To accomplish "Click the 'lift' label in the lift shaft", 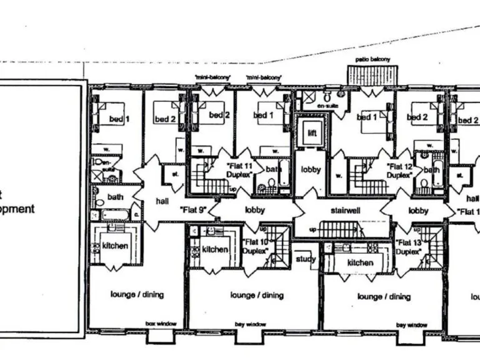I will pos(311,132).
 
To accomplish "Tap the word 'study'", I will pos(306,258).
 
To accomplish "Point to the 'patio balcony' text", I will pos(372,59).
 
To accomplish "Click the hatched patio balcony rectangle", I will pos(373,76).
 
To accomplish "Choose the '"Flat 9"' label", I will pos(193,210).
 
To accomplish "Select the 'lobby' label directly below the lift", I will pos(311,169).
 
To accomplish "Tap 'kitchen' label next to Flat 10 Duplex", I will pos(215,249).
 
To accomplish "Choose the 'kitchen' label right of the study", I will pos(360,262).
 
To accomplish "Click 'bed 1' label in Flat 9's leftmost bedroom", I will pos(119,119).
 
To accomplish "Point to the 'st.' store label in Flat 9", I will pos(176,174).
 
